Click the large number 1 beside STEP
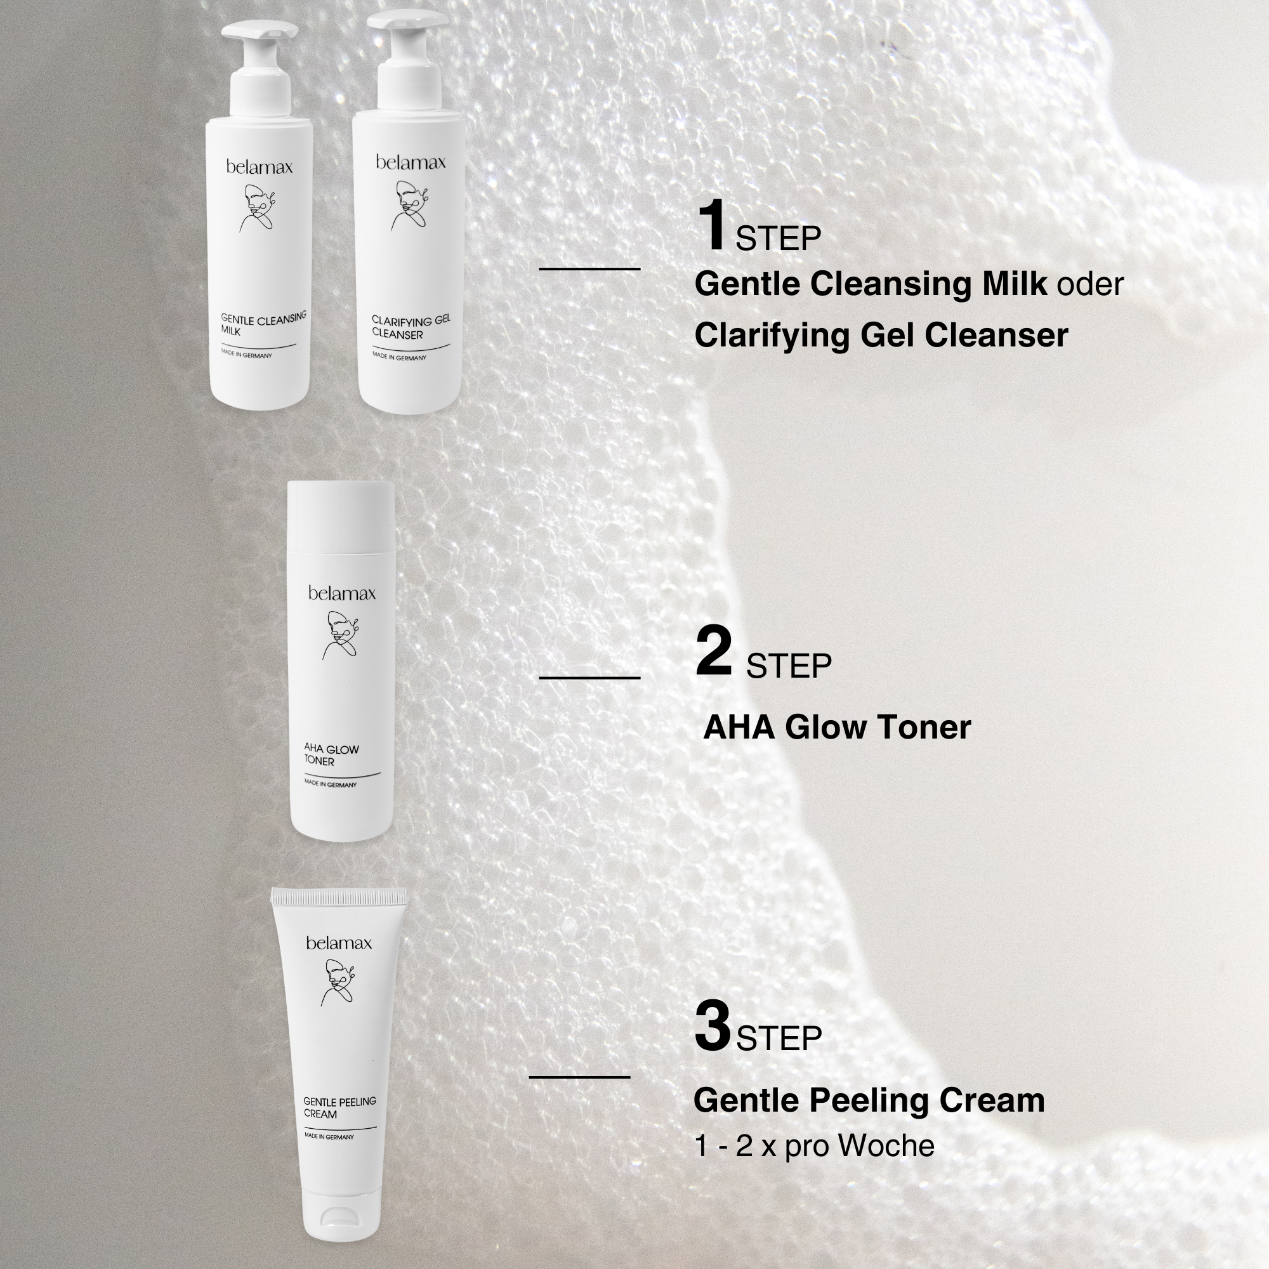(711, 226)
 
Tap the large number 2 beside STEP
(713, 651)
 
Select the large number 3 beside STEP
(713, 1026)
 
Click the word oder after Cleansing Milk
(1089, 284)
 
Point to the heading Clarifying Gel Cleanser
(881, 336)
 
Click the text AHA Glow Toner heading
(837, 728)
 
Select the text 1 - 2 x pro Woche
(814, 1146)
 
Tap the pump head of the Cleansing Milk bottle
(258, 32)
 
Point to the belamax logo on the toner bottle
(341, 594)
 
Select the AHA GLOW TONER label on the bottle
(331, 755)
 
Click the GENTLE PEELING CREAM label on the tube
(339, 1107)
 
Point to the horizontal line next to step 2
(589, 678)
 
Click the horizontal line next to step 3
(579, 1077)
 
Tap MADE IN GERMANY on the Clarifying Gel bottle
(398, 357)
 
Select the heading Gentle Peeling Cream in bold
(869, 1101)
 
